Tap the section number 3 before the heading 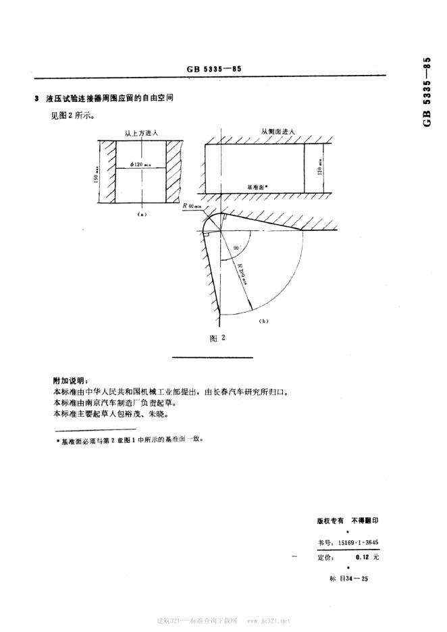click(36, 99)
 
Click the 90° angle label click(236, 248)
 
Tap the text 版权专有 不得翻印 click(348, 521)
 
